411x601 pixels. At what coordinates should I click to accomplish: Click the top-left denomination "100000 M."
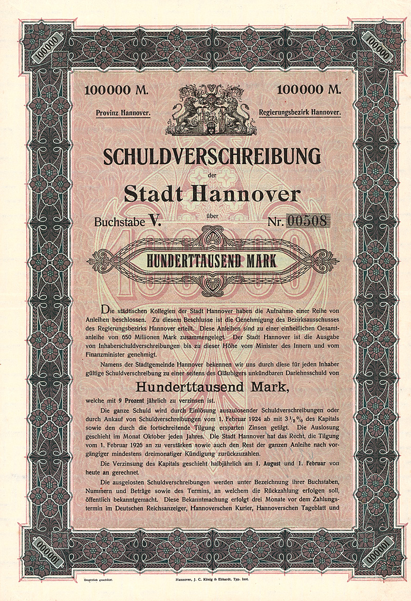(116, 90)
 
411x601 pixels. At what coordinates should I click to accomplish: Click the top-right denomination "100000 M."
(309, 90)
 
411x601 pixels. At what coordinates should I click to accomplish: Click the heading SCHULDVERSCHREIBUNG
(211, 156)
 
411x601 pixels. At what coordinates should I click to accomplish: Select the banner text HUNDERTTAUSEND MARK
(212, 261)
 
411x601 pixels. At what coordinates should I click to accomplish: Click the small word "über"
(211, 216)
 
